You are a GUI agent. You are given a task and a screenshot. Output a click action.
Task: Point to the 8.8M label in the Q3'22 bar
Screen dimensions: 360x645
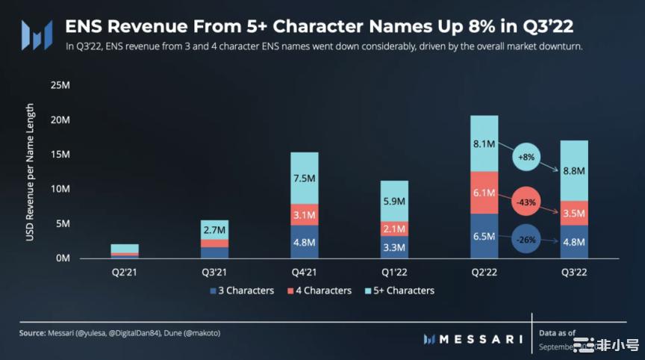tap(573, 171)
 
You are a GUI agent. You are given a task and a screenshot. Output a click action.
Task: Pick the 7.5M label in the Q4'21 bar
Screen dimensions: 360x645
tap(305, 178)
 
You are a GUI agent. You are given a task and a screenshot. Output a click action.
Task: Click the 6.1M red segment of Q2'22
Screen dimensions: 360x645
tap(483, 193)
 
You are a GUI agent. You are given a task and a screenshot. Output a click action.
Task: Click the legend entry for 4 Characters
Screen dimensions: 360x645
tap(319, 291)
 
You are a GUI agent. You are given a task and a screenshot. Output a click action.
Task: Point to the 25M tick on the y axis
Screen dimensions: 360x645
tap(60, 85)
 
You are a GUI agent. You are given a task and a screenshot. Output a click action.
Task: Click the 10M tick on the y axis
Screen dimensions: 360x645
tap(60, 189)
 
